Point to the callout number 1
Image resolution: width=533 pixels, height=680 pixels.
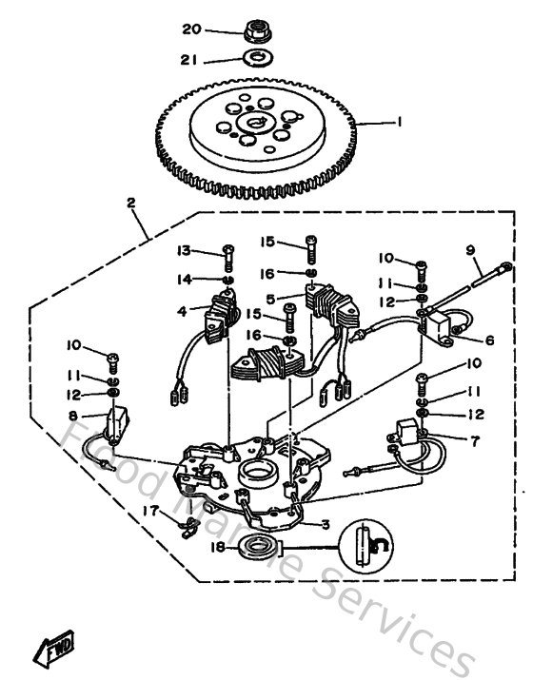point(400,122)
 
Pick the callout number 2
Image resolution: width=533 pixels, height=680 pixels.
point(130,203)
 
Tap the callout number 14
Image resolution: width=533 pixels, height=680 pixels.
point(184,279)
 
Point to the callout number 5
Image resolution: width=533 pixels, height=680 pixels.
point(270,299)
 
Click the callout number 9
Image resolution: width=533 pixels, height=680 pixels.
point(470,252)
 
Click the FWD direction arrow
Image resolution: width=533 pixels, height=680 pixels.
point(54,650)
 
